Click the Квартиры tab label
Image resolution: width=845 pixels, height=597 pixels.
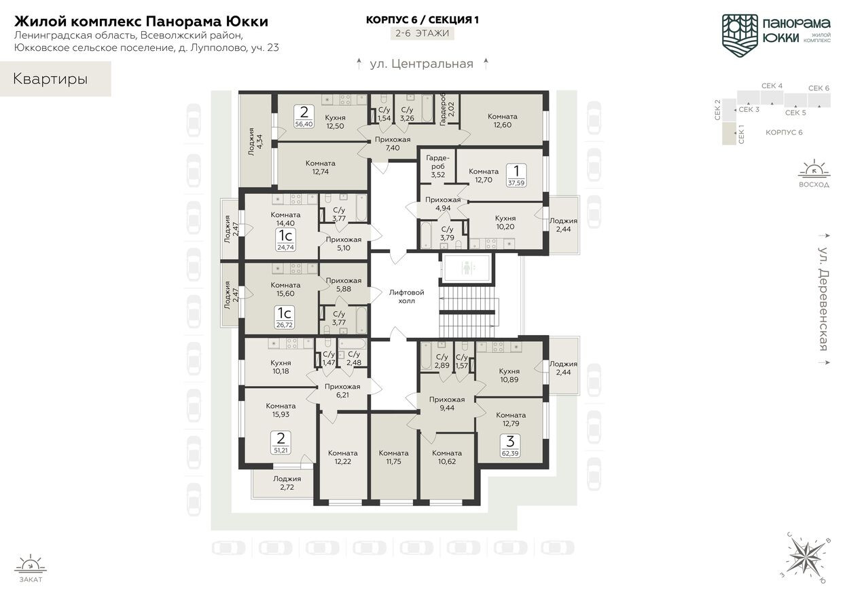[x=50, y=79]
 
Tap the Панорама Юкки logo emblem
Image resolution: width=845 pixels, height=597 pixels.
[x=739, y=32]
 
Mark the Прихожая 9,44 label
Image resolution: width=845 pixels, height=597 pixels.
[x=446, y=404]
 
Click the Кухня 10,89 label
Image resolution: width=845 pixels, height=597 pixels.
[x=509, y=375]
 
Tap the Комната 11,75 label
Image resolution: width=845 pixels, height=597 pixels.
[x=393, y=457]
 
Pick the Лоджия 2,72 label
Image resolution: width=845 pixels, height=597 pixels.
[x=287, y=483]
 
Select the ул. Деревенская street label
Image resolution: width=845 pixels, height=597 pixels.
[x=823, y=299]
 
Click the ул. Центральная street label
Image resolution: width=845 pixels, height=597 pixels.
[x=421, y=64]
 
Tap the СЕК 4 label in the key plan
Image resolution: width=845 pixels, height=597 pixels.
[x=772, y=86]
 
